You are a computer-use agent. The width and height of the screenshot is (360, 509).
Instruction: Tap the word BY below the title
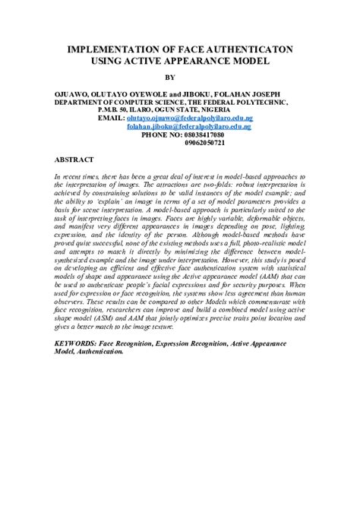[180, 77]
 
